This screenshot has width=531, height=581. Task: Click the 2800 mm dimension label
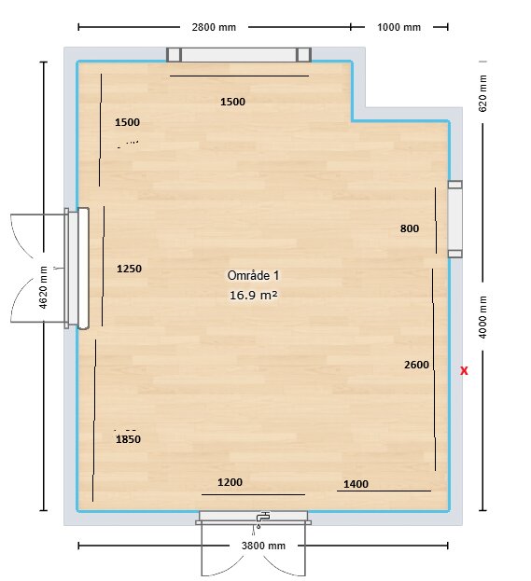point(214,27)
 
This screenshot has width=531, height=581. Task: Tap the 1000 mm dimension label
point(398,27)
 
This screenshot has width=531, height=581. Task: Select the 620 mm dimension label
point(482,93)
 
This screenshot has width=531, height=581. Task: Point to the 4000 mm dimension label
point(482,317)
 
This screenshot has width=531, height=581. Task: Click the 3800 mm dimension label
point(264,546)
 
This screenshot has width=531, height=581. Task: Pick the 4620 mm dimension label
point(43,288)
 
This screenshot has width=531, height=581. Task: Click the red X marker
point(464,371)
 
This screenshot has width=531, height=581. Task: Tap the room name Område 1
point(253,275)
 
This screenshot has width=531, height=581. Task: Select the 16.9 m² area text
point(254,295)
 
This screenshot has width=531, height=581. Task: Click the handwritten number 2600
point(416,365)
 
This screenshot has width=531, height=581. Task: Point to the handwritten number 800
point(410,228)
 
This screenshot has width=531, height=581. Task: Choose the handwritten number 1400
point(356,484)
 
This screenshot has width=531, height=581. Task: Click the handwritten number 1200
point(230,482)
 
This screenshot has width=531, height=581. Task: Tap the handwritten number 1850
point(128,439)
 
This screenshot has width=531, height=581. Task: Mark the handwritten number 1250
point(129,269)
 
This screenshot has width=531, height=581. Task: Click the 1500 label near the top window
point(232,102)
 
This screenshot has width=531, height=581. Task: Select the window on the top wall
point(239,55)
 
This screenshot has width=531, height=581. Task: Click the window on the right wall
point(454,219)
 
